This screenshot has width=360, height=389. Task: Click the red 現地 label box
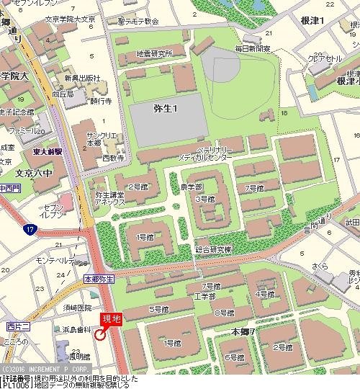(109, 318)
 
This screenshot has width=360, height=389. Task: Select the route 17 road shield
(29, 230)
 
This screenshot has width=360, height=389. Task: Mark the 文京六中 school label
(35, 173)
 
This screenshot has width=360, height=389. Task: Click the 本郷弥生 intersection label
(99, 278)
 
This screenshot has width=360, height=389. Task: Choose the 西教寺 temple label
(112, 157)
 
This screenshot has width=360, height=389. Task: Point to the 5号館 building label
(158, 309)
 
